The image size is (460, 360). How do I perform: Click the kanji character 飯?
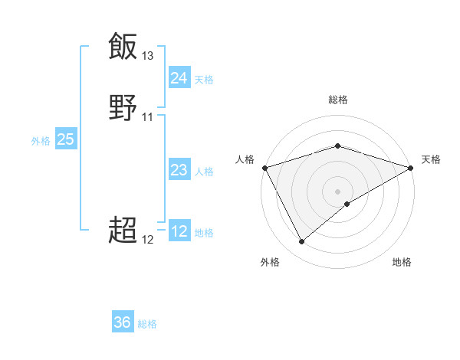[x=123, y=46]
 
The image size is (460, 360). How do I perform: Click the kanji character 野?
[x=123, y=108]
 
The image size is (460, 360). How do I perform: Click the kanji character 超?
[x=123, y=229]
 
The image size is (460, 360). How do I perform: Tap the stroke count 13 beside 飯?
[x=148, y=56]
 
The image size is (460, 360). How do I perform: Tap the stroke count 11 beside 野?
[x=148, y=117]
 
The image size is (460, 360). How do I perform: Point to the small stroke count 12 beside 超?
[x=148, y=239]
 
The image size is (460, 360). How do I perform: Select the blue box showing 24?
[x=179, y=78]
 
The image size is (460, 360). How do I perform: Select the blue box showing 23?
[x=179, y=170]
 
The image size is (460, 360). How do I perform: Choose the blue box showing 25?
[x=65, y=139]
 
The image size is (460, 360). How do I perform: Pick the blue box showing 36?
[x=123, y=323]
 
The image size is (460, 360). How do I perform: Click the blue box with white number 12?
[x=179, y=232]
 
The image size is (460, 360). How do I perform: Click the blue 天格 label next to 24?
[x=204, y=80]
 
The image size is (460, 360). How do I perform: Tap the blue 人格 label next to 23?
[x=204, y=172]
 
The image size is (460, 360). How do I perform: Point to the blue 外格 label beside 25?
[x=41, y=141]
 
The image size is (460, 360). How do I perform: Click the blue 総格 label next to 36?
[x=147, y=325]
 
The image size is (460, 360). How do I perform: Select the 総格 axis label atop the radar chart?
[x=337, y=100]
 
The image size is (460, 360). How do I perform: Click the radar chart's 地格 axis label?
[x=402, y=263]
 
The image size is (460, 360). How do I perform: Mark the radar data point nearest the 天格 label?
[x=411, y=168]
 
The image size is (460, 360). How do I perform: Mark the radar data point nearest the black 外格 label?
[x=301, y=242]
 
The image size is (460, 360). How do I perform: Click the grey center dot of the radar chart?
[x=337, y=191]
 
